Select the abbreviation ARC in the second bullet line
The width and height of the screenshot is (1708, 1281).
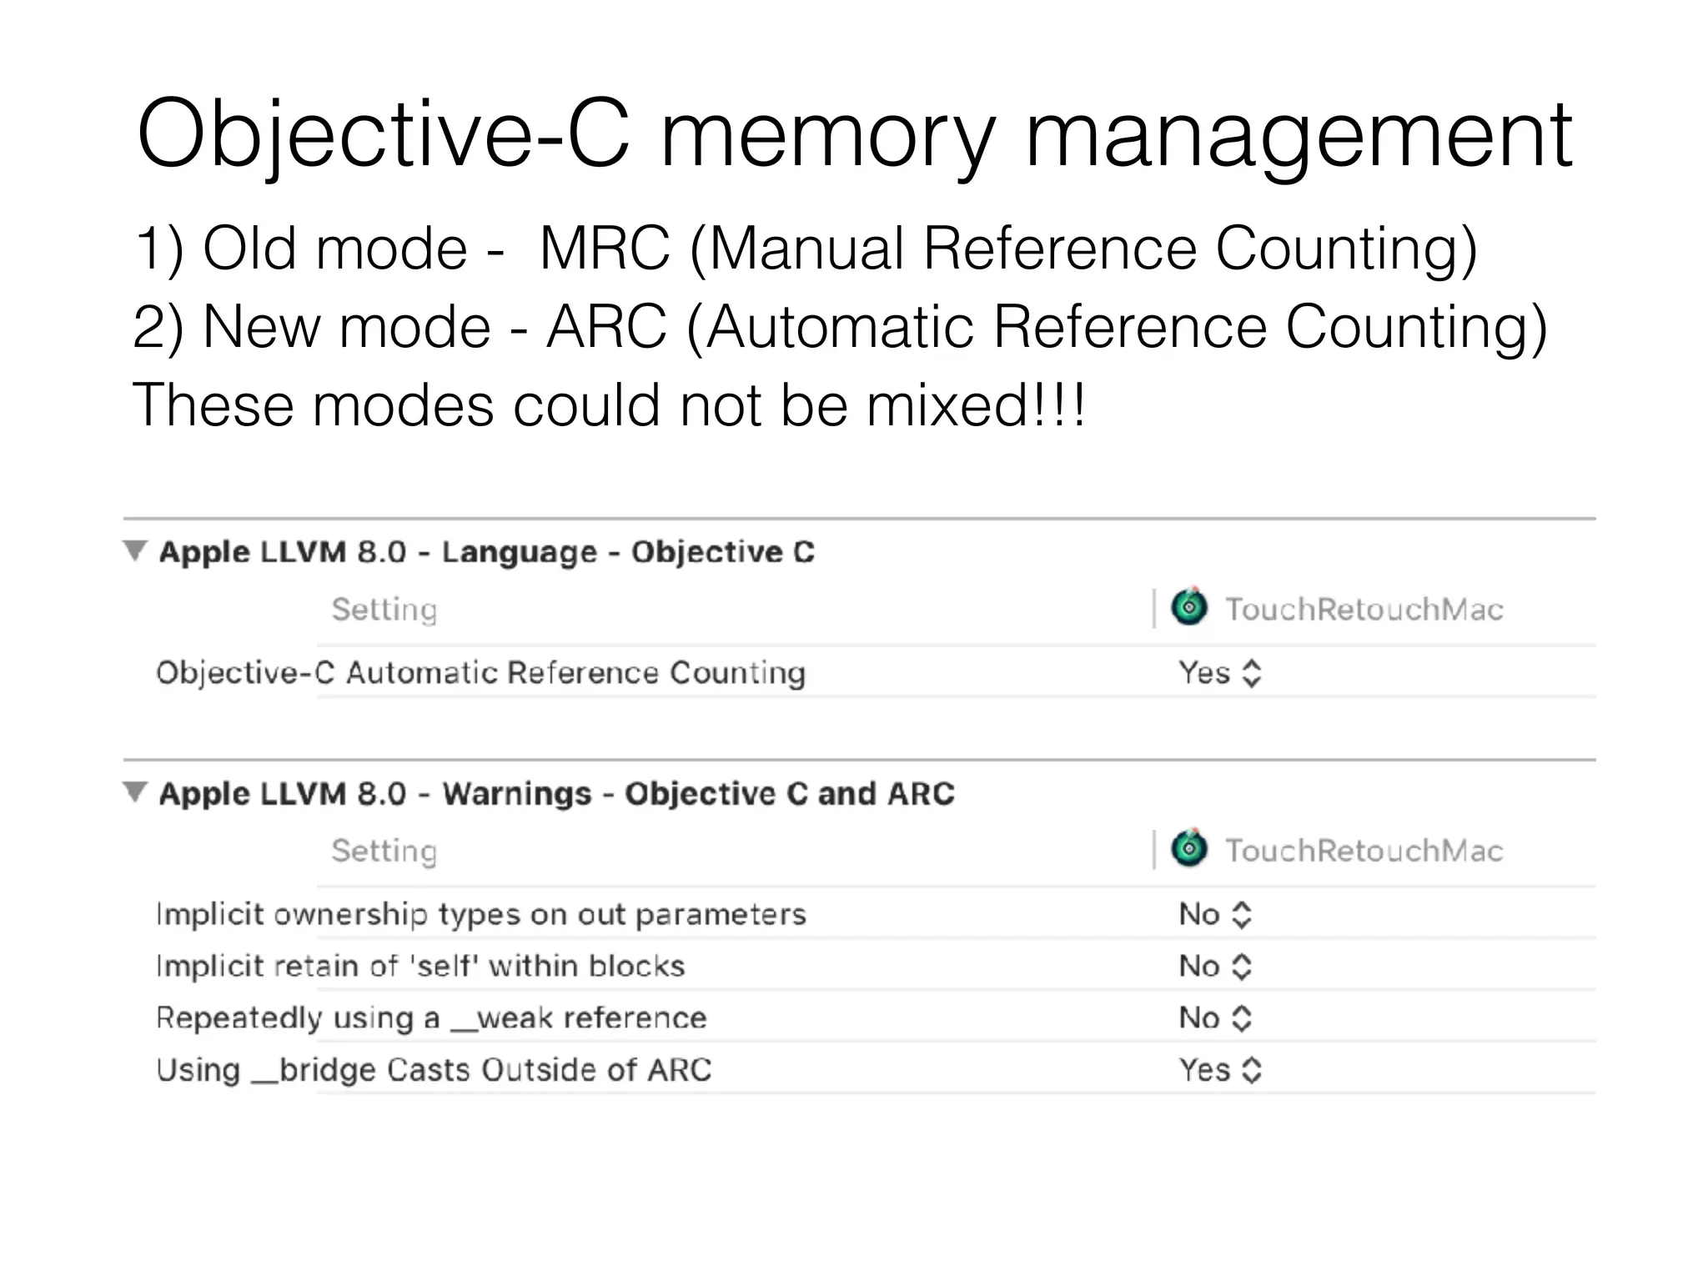[607, 326]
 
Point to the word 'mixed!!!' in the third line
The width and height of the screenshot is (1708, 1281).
[976, 405]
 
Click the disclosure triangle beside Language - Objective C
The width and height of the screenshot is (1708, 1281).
[134, 550]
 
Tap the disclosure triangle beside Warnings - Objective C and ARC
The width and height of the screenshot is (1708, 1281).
[134, 792]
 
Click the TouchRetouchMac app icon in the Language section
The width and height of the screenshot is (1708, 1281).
[1189, 607]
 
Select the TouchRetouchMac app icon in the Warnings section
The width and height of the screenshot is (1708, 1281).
[1189, 849]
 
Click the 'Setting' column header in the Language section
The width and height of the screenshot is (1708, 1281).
[384, 610]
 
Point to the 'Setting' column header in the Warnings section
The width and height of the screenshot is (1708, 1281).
[384, 851]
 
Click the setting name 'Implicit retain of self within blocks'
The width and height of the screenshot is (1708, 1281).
[420, 967]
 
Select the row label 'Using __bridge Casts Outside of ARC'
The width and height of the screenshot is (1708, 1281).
[434, 1070]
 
